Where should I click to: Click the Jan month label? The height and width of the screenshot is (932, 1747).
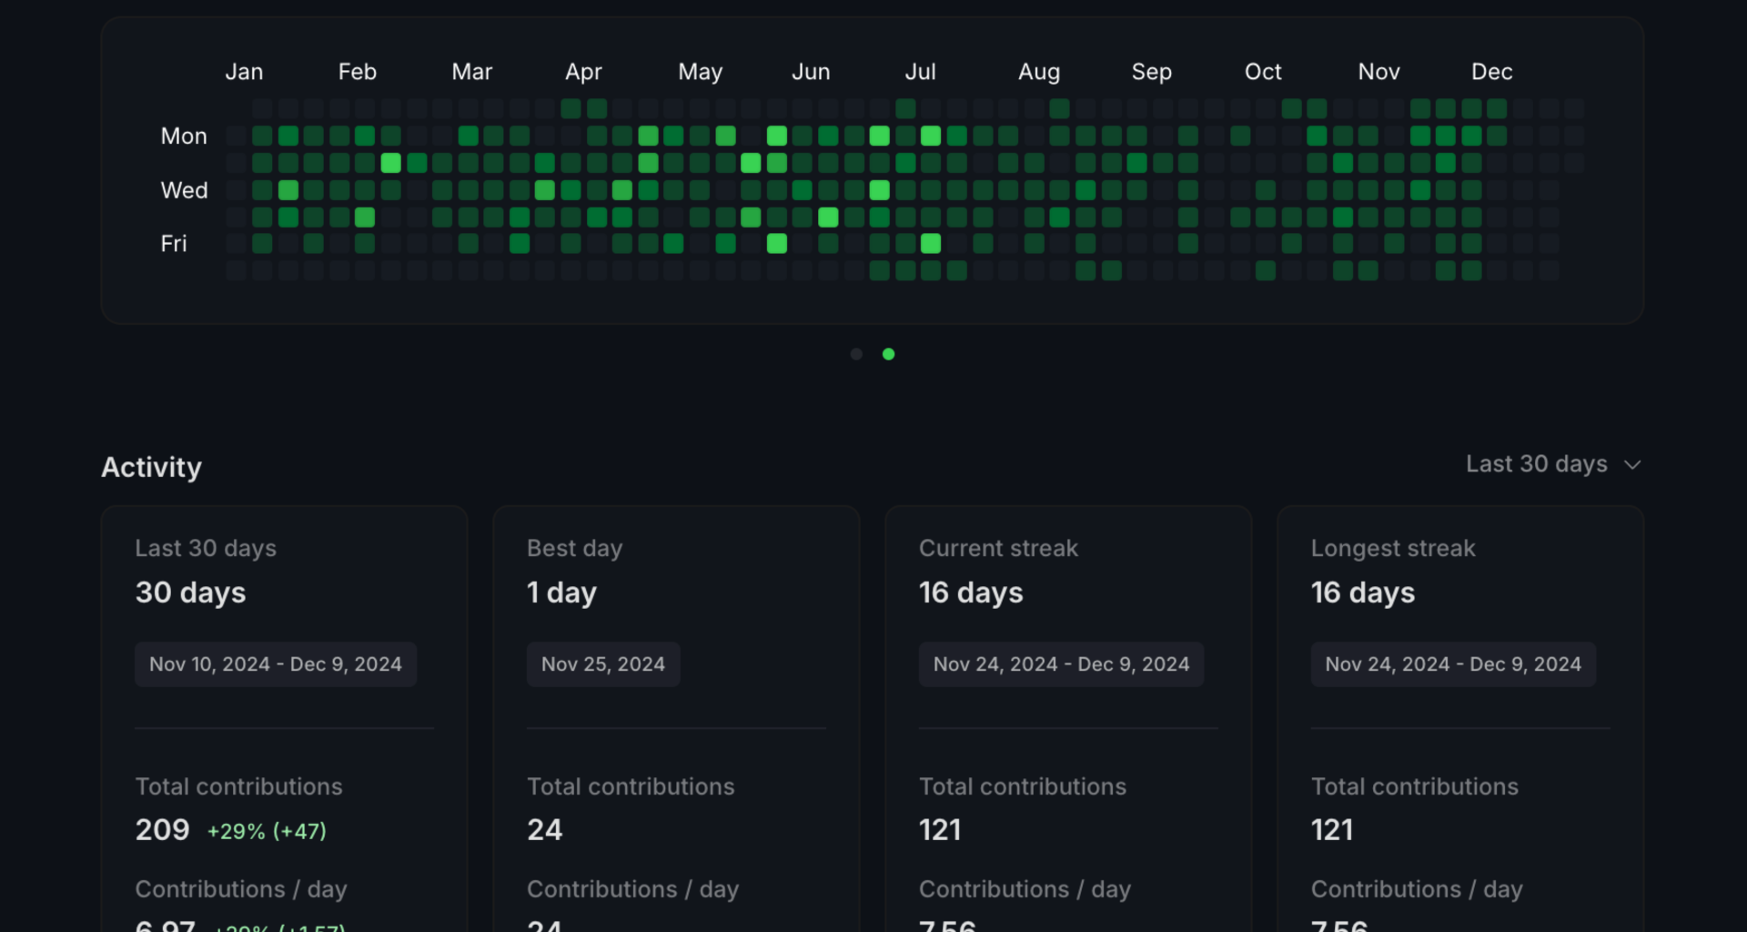click(x=244, y=72)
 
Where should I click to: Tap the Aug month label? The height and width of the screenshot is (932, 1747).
click(x=1038, y=72)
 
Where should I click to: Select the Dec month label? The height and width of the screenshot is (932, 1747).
click(x=1491, y=72)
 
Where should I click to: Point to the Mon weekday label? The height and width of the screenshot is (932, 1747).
click(x=184, y=137)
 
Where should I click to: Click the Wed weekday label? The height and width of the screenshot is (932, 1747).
click(x=184, y=190)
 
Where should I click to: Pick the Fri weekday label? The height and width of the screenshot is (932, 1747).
click(x=174, y=244)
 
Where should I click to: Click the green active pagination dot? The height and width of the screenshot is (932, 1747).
click(x=889, y=354)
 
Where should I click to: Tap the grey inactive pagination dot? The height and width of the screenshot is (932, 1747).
click(x=856, y=354)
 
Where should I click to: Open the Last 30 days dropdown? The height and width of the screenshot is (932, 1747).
click(x=1552, y=464)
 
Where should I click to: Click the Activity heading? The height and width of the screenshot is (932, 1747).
click(x=151, y=467)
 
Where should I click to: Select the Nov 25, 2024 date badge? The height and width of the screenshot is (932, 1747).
click(x=602, y=664)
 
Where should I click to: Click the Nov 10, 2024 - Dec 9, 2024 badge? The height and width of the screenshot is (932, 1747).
click(x=275, y=664)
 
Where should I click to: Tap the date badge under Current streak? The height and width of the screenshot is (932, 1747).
click(x=1061, y=664)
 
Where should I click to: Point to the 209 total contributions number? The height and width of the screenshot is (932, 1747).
click(x=162, y=830)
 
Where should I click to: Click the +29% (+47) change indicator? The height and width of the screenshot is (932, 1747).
click(x=267, y=831)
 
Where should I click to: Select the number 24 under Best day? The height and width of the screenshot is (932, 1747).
click(x=544, y=830)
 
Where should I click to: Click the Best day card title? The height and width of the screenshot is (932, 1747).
click(x=574, y=548)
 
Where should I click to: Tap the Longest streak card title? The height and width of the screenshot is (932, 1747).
click(x=1392, y=548)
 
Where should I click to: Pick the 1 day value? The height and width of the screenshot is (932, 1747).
click(x=561, y=593)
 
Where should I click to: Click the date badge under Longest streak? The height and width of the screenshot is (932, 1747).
click(x=1452, y=664)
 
